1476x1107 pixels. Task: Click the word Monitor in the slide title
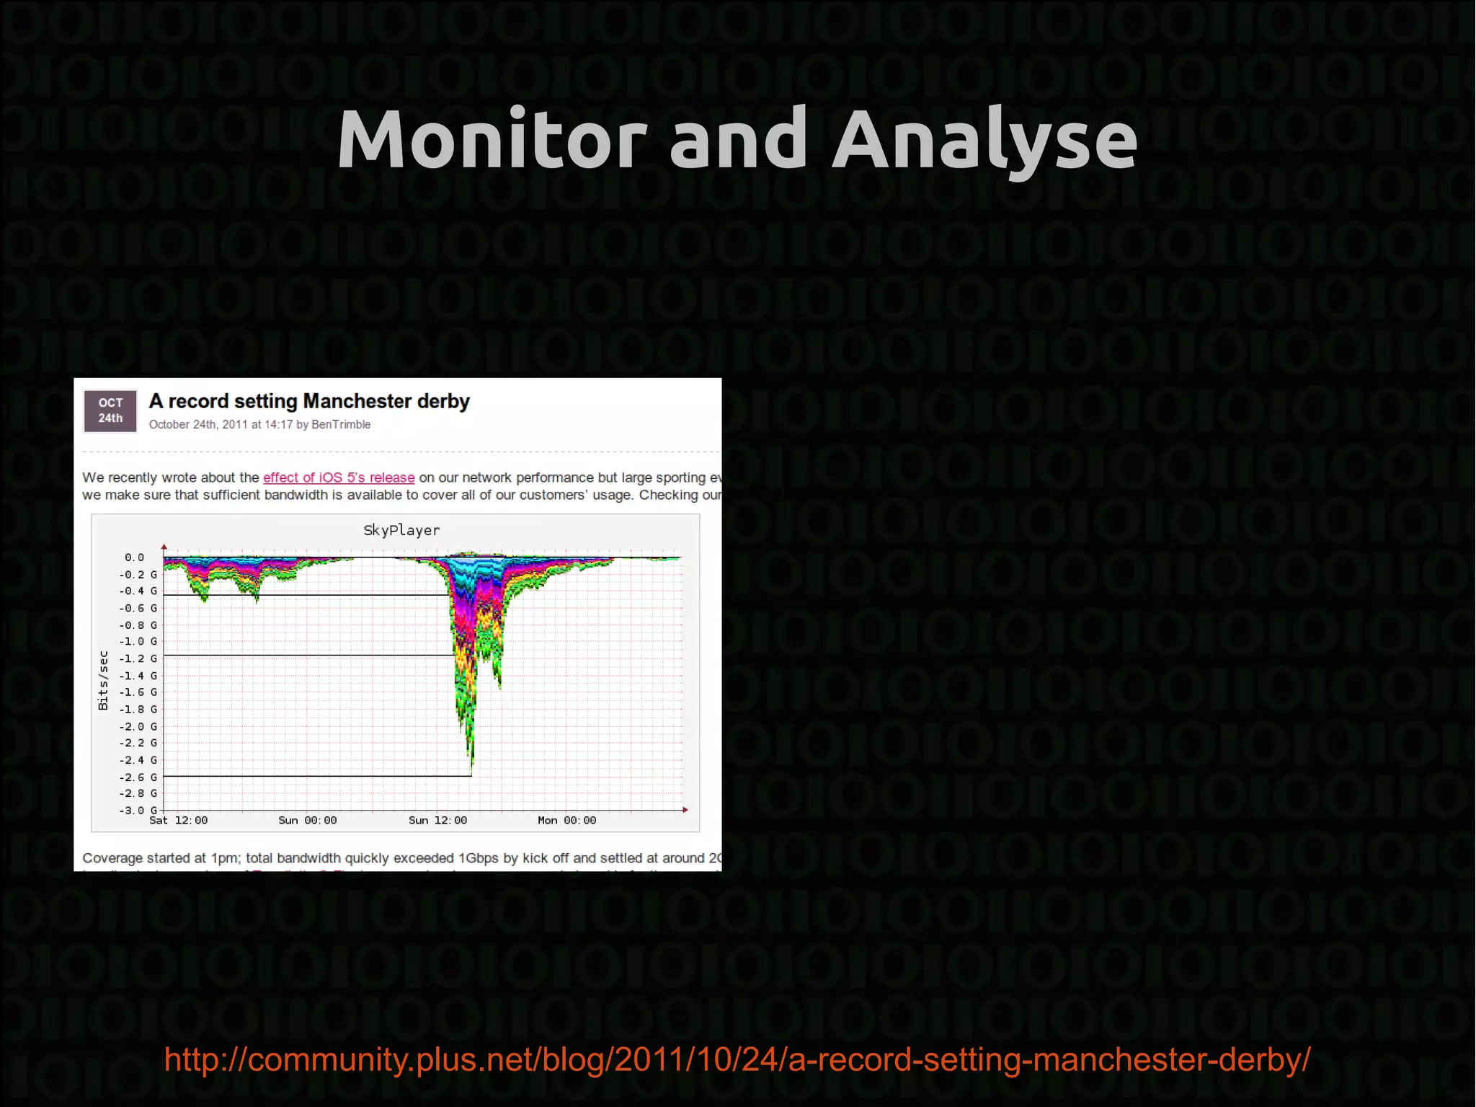(x=492, y=139)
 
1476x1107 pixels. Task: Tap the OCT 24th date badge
(x=110, y=410)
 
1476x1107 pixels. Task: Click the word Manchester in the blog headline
(x=357, y=401)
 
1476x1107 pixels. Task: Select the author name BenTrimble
(x=341, y=425)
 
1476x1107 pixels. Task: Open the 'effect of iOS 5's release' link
(x=339, y=477)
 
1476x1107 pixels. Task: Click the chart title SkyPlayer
(x=401, y=530)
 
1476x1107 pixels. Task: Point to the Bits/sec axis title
(x=103, y=680)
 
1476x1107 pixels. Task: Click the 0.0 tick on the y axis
(x=134, y=557)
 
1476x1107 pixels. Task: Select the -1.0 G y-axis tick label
(x=138, y=641)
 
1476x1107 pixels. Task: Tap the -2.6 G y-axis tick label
(x=138, y=777)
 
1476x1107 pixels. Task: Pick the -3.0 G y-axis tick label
(x=138, y=810)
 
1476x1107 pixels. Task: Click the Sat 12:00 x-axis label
(x=178, y=821)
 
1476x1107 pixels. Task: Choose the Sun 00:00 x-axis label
(x=308, y=821)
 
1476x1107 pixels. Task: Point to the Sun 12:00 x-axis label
(x=437, y=821)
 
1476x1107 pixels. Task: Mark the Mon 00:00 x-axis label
(x=567, y=821)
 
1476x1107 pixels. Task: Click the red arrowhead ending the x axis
(x=685, y=810)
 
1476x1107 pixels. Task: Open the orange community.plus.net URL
(x=737, y=1059)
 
